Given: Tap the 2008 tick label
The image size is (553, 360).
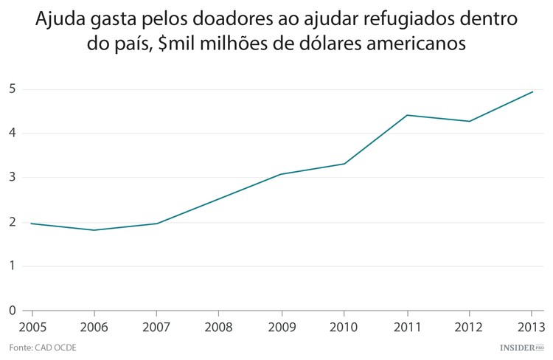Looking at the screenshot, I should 219,327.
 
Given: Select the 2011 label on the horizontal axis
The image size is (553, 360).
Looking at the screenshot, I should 406,327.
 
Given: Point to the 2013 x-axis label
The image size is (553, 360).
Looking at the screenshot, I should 532,327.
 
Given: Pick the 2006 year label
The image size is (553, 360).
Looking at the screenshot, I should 94,327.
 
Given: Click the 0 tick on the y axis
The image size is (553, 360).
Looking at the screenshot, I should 13,311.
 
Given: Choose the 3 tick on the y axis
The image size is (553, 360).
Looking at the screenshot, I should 13,178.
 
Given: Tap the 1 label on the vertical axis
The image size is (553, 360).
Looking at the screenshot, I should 13,266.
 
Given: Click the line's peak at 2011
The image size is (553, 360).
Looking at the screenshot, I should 406,115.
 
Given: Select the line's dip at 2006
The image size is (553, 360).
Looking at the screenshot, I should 94,230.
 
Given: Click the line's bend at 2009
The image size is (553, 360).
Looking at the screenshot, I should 281,174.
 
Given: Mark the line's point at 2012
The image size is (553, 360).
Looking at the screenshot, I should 470,121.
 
